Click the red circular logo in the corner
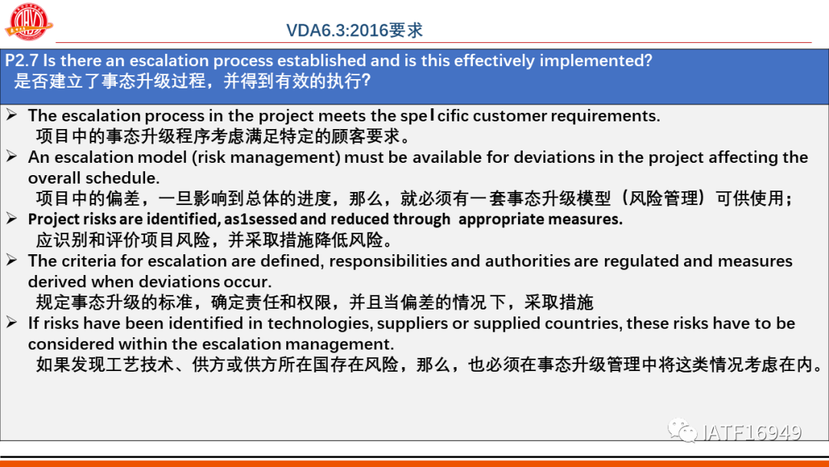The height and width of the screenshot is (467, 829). pos(28,22)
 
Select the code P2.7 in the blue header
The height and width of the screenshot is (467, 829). pos(21,60)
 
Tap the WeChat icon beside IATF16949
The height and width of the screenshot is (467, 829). pos(682,430)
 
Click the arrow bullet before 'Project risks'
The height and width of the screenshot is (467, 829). pos(12,218)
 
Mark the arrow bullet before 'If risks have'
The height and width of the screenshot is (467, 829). pos(12,322)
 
